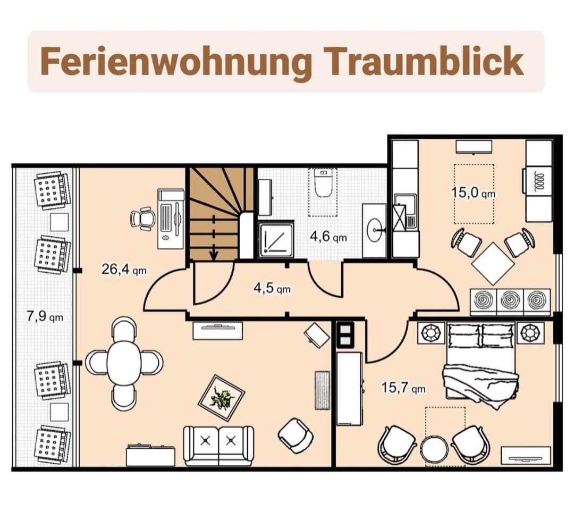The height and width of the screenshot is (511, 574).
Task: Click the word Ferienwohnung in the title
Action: click(176, 62)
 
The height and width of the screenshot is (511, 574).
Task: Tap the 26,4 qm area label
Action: click(124, 270)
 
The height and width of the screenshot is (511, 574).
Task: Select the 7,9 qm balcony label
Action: click(45, 316)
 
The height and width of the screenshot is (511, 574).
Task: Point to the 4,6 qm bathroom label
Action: click(328, 237)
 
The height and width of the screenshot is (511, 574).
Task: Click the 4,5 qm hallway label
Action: click(272, 288)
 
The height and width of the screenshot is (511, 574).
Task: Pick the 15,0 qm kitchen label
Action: click(473, 192)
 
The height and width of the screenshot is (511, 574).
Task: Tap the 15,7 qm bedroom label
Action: click(403, 387)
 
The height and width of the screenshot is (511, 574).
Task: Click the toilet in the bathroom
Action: click(323, 183)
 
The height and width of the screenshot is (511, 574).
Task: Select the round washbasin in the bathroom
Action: click(375, 230)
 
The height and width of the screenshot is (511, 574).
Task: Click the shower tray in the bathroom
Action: click(276, 239)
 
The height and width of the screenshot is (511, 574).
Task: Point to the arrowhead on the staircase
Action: click(214, 256)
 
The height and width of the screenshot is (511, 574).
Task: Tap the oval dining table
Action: click(124, 363)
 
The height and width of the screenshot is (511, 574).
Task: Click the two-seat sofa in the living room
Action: click(218, 446)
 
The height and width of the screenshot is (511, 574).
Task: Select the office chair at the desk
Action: click(142, 219)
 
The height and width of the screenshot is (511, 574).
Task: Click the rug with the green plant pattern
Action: click(222, 398)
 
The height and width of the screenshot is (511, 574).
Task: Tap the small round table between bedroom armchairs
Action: click(434, 450)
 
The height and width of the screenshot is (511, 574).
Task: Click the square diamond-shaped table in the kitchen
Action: click(493, 263)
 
